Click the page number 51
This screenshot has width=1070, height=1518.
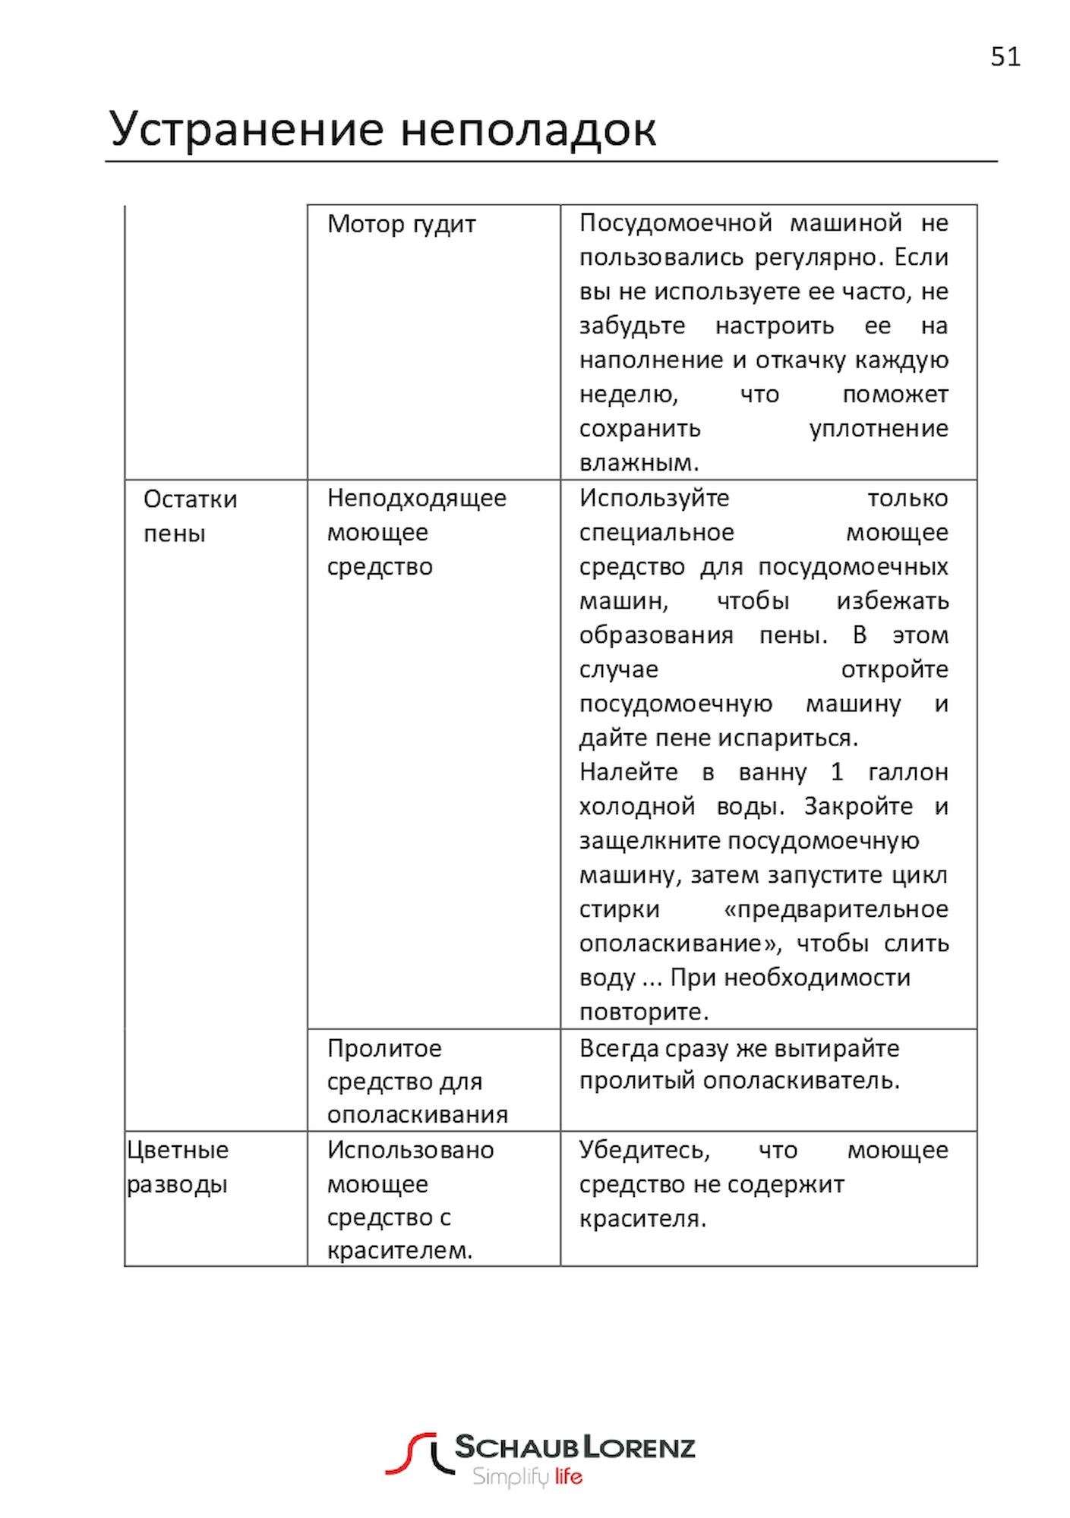(x=1005, y=57)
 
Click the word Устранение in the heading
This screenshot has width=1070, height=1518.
(x=247, y=129)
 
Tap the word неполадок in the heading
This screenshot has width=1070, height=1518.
(x=528, y=129)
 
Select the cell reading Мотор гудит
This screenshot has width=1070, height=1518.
(x=401, y=225)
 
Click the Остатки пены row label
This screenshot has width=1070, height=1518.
(x=190, y=516)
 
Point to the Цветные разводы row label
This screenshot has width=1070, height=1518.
(x=178, y=1167)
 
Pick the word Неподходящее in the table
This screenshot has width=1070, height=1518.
(x=416, y=499)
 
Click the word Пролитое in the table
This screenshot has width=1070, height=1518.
(x=384, y=1048)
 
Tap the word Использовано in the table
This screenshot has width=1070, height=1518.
(x=410, y=1150)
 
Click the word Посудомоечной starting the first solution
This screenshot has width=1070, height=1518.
(x=675, y=223)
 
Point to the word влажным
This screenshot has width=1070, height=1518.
(x=638, y=462)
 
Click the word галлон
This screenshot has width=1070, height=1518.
(x=907, y=772)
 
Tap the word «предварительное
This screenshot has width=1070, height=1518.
(x=836, y=909)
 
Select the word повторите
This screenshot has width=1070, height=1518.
(x=643, y=1012)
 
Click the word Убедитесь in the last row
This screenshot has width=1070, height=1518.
(x=644, y=1150)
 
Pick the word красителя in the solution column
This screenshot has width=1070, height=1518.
(x=642, y=1219)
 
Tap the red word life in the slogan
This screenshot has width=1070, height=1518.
(x=568, y=1477)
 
